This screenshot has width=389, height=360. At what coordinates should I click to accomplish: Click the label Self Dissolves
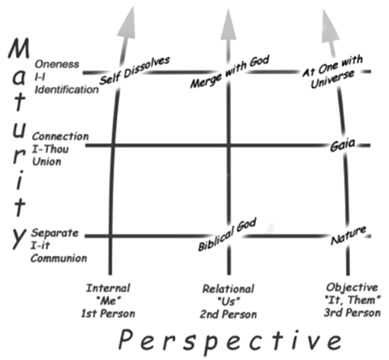pyautogui.click(x=135, y=70)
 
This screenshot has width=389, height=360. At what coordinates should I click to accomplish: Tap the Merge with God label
pyautogui.click(x=230, y=72)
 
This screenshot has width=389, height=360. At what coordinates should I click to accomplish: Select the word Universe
pyautogui.click(x=332, y=79)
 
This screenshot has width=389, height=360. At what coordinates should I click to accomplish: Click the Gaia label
pyautogui.click(x=342, y=145)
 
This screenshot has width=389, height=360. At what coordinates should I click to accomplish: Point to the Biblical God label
pyautogui.click(x=227, y=235)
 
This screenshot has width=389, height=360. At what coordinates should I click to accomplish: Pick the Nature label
pyautogui.click(x=348, y=235)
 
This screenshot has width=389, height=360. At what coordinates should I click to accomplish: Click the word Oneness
pyautogui.click(x=57, y=64)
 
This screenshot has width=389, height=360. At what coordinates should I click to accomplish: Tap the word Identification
pyautogui.click(x=66, y=89)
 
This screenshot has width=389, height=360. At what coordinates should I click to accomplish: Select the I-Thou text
pyautogui.click(x=50, y=149)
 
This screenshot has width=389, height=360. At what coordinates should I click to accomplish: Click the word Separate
pyautogui.click(x=55, y=233)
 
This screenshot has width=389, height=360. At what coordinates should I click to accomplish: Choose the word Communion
pyautogui.click(x=59, y=258)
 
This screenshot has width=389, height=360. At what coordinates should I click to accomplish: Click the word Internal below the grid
pyautogui.click(x=109, y=288)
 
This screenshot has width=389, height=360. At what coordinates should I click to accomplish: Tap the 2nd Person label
pyautogui.click(x=229, y=314)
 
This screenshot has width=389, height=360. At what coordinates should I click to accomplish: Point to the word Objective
pyautogui.click(x=352, y=287)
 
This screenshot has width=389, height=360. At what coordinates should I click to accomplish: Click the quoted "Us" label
pyautogui.click(x=229, y=301)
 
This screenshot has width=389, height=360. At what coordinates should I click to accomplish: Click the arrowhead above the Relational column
pyautogui.click(x=229, y=24)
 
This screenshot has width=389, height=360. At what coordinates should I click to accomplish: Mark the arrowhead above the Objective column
pyautogui.click(x=329, y=27)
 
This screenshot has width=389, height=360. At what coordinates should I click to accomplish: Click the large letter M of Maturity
pyautogui.click(x=19, y=48)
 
